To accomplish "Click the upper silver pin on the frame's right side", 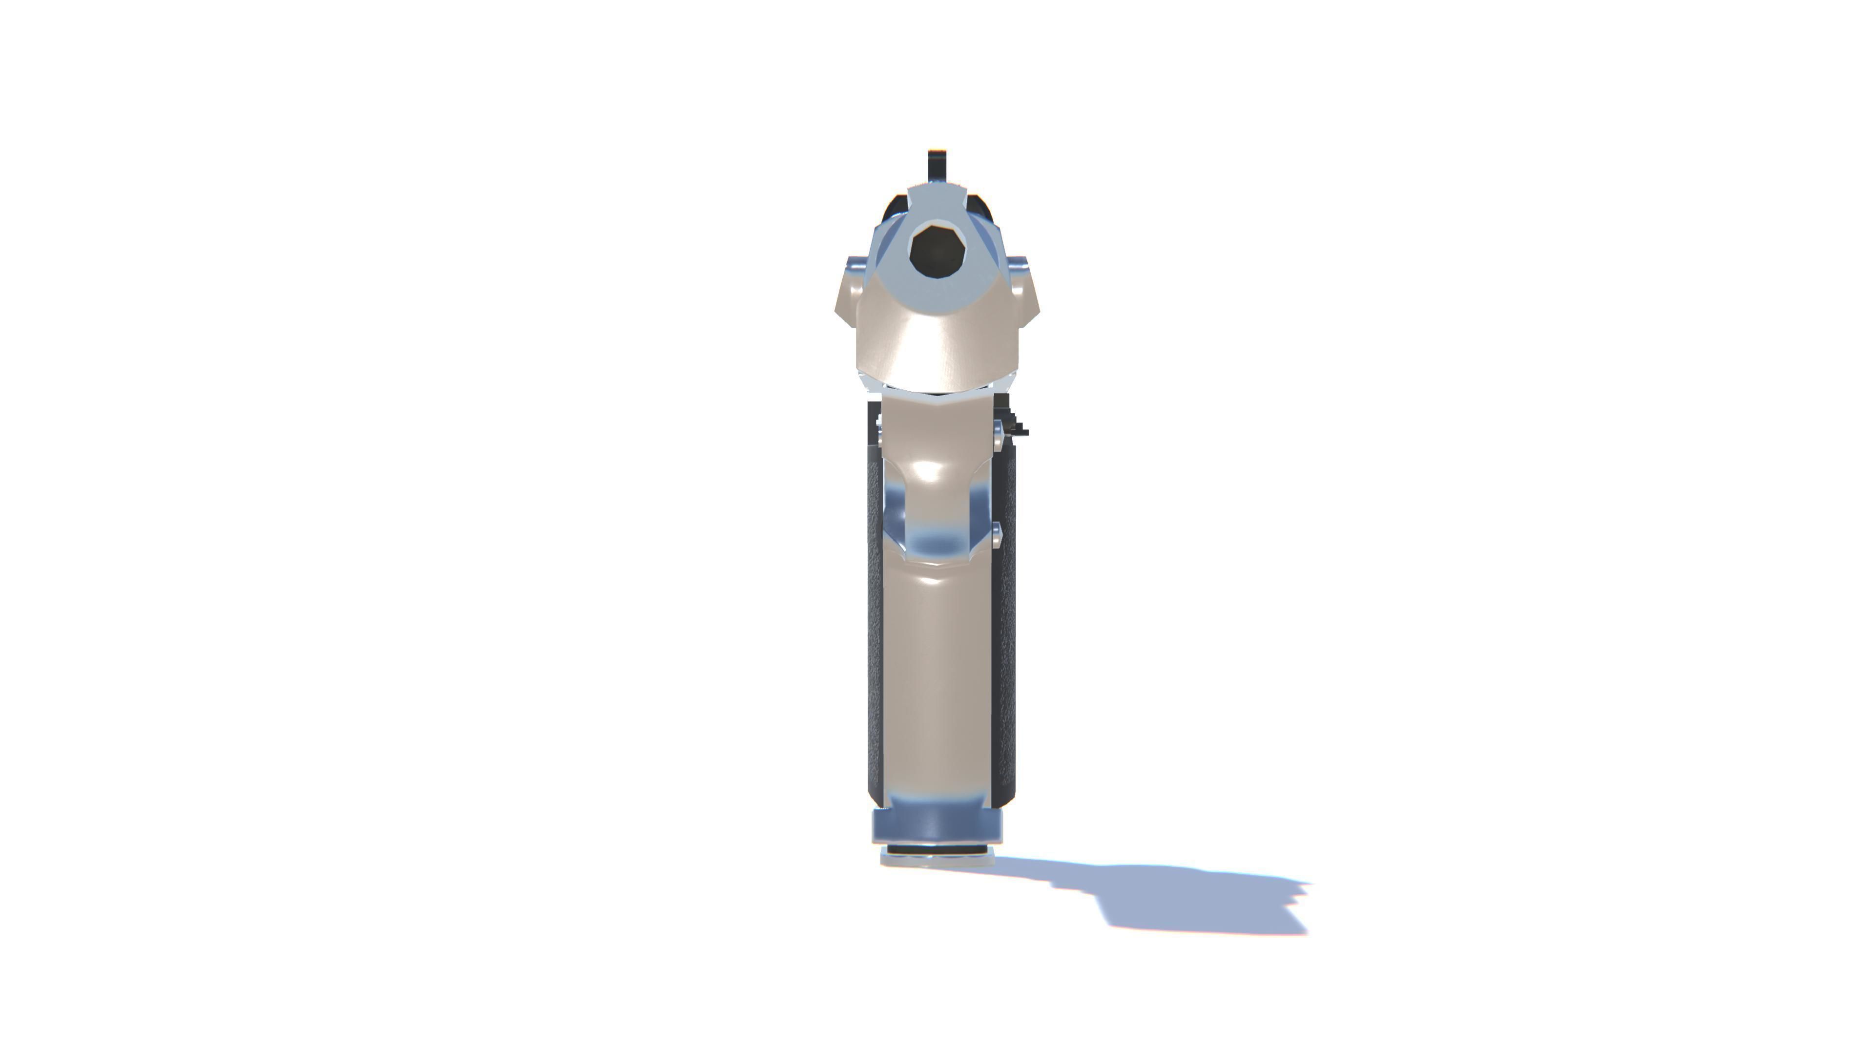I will tap(998, 435).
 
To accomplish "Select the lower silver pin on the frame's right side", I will tap(997, 535).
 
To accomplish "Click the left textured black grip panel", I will tap(874, 619).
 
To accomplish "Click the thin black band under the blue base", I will tap(937, 850).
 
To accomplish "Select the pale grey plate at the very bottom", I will tap(937, 860).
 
